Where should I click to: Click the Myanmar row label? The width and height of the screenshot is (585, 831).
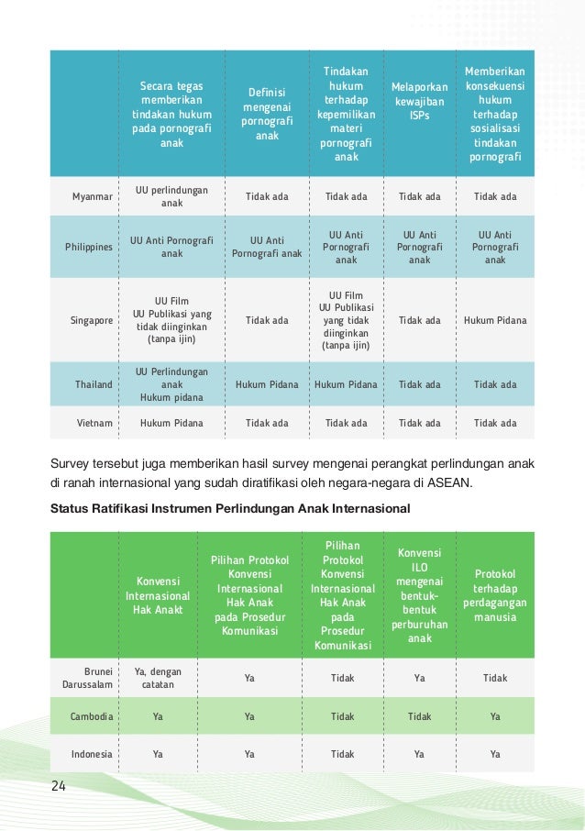pos(93,196)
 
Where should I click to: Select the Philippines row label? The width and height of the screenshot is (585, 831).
pos(89,247)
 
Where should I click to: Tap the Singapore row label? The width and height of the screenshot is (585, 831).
pos(92,320)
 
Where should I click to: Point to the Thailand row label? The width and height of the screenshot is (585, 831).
pos(94,384)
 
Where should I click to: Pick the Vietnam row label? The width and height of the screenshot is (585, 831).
pos(94,423)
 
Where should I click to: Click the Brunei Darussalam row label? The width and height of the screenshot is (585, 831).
pos(88,678)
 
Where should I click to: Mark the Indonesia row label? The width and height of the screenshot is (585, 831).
pos(91,754)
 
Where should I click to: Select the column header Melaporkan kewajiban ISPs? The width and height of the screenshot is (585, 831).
pos(419,101)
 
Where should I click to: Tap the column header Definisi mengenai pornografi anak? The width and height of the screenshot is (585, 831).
pos(267,114)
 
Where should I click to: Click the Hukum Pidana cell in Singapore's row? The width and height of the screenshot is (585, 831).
pos(495,320)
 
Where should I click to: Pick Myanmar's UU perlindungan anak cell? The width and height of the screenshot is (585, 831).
pos(171,196)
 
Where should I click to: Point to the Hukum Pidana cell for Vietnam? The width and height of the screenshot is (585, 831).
pos(171,423)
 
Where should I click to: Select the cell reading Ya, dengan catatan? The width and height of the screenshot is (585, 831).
pos(158,678)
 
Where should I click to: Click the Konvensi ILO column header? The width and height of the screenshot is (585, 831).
pos(419,595)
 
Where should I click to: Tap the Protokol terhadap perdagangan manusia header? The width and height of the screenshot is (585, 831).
pos(495,595)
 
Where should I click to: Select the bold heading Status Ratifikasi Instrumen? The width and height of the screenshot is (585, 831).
pos(230,507)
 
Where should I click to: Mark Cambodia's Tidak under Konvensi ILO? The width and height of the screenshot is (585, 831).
pos(419,716)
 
